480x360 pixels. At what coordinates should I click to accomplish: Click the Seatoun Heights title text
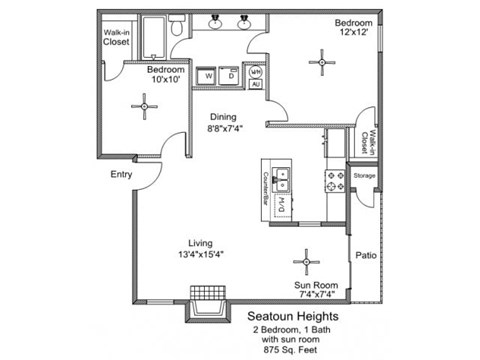point(298,314)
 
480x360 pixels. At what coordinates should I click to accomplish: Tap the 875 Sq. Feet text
point(297,350)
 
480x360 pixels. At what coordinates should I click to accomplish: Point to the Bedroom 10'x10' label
point(162,76)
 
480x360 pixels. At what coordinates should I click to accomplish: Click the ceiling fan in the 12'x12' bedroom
point(322,64)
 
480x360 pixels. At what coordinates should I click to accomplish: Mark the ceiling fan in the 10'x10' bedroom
point(146,106)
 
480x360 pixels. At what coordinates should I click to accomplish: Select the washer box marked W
point(209,75)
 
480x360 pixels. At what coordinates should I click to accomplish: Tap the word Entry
point(121,174)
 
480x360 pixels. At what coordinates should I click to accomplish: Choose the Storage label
point(364,176)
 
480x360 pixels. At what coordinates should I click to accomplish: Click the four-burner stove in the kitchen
point(334,181)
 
